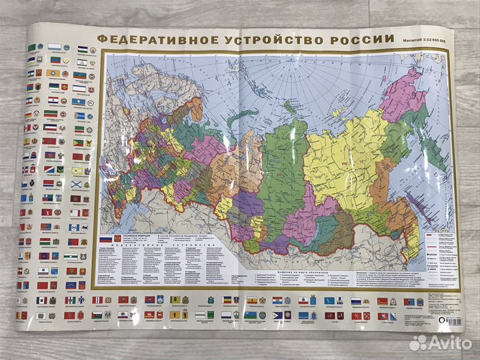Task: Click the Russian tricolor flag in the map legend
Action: click(x=106, y=239)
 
